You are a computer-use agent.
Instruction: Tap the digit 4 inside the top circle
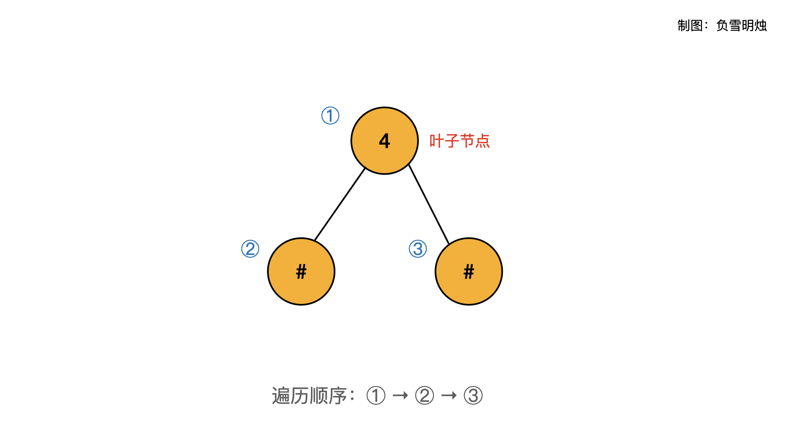[385, 141]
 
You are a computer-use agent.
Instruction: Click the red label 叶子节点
[459, 141]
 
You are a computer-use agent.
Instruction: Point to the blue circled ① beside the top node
[330, 116]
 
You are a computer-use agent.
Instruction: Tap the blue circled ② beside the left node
[250, 249]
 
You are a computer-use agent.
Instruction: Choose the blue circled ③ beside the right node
[418, 249]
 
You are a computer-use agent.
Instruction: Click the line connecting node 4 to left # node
[340, 204]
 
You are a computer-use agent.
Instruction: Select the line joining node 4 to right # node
[429, 204]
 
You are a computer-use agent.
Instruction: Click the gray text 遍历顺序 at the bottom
[309, 396]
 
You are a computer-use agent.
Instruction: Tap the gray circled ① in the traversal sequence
[376, 396]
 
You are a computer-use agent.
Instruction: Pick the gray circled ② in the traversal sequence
[425, 396]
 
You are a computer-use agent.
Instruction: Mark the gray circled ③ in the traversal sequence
[473, 396]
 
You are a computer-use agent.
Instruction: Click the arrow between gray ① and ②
[400, 396]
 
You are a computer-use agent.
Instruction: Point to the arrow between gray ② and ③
[449, 396]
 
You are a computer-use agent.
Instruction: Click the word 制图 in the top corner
[690, 26]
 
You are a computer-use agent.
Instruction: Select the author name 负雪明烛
[741, 26]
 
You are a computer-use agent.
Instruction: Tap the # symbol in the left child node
[301, 271]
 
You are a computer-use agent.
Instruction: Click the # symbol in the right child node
[469, 271]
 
